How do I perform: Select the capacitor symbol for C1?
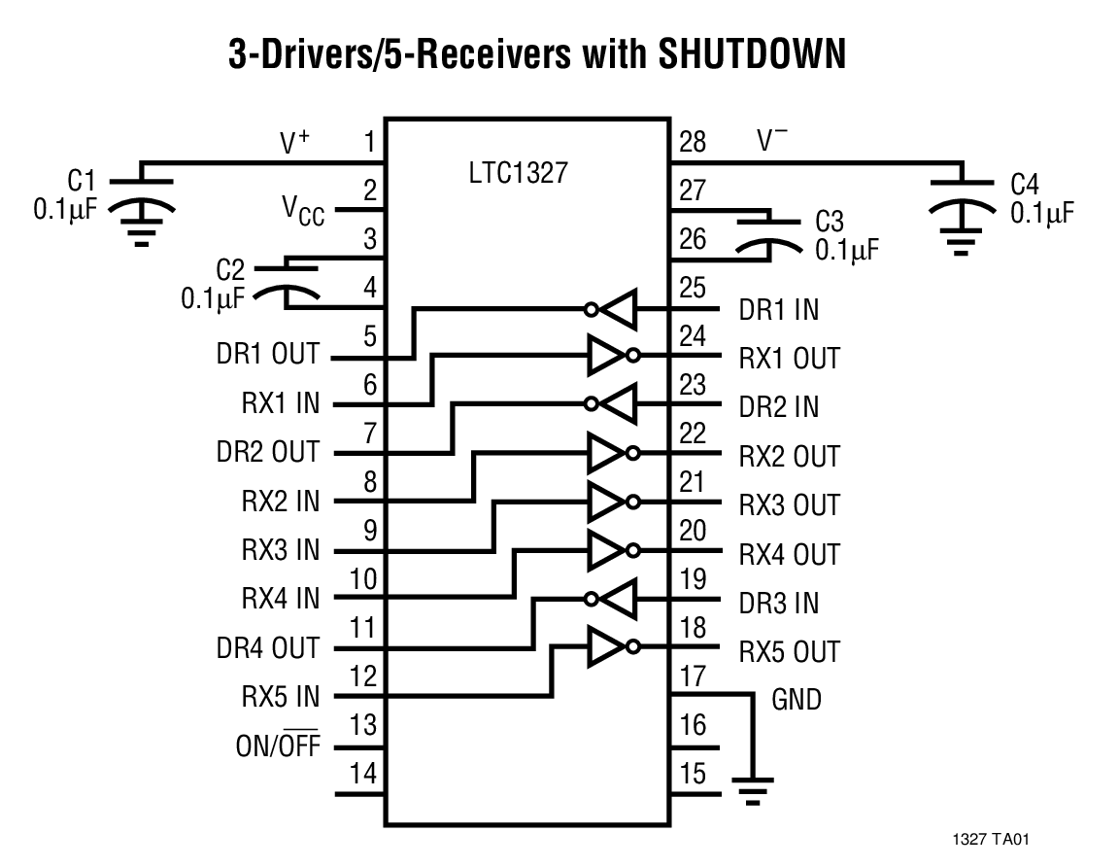pyautogui.click(x=142, y=194)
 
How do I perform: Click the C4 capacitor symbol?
pyautogui.click(x=961, y=195)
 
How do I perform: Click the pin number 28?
pyautogui.click(x=693, y=143)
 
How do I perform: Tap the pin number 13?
pyautogui.click(x=363, y=726)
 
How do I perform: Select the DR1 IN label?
pyautogui.click(x=779, y=310)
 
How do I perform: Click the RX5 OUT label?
pyautogui.click(x=789, y=652)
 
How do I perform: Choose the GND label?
pyautogui.click(x=796, y=699)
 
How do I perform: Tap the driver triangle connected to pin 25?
pyautogui.click(x=614, y=309)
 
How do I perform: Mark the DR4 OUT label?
pyautogui.click(x=267, y=648)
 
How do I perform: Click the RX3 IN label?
pyautogui.click(x=280, y=550)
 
